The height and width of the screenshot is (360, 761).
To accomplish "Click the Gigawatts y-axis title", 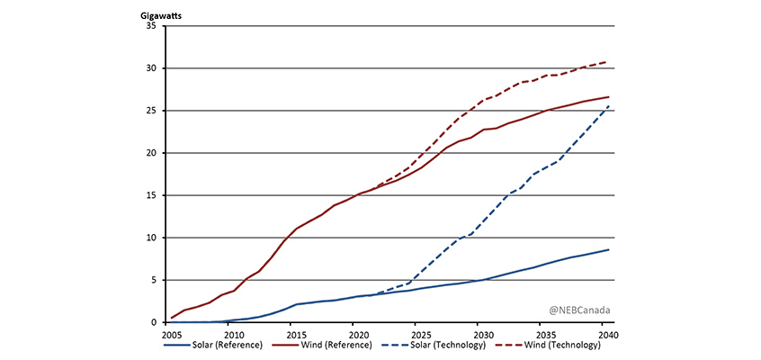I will coord(162,14).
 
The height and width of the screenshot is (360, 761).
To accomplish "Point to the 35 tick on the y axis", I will coord(156,26).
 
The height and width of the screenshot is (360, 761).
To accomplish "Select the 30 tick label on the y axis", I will coord(156,68).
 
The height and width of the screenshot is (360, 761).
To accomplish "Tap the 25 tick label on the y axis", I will coord(156,111).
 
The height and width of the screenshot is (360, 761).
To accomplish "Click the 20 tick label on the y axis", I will coord(156,153).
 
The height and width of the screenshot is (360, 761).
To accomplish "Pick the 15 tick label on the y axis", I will coord(156,195).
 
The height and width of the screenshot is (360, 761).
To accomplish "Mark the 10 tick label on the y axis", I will coord(156,238).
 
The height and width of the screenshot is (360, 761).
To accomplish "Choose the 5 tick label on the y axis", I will coord(158,280).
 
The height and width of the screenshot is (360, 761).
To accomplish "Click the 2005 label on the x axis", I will coord(172,333).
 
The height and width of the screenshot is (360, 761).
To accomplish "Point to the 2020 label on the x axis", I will coord(353,333).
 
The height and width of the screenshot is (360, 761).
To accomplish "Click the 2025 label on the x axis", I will coord(415,333).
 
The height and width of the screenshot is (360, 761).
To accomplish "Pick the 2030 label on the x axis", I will coord(477,333).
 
